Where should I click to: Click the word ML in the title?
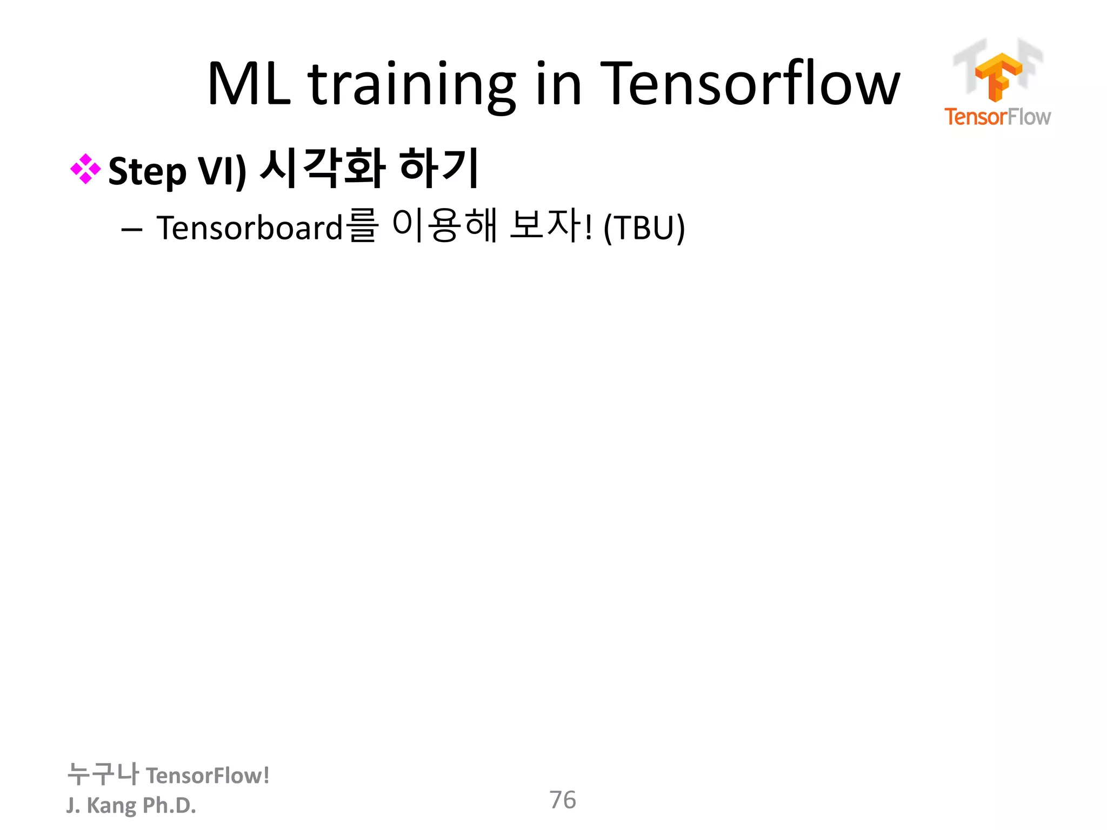249,84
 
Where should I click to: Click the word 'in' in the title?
558,84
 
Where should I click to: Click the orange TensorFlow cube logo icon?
998,76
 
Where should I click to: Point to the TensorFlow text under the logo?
997,117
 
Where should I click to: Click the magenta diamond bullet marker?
85,169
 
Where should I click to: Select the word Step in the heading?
147,171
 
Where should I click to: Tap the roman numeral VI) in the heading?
222,171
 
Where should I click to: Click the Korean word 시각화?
323,169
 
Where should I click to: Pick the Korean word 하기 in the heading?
439,169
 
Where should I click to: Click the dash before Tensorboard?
132,230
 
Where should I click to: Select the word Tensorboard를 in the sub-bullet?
266,227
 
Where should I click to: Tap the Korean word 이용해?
444,226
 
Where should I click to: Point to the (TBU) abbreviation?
644,228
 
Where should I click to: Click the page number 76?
562,800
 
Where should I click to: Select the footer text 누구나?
103,774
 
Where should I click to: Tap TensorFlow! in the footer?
208,775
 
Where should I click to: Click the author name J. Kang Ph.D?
131,805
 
